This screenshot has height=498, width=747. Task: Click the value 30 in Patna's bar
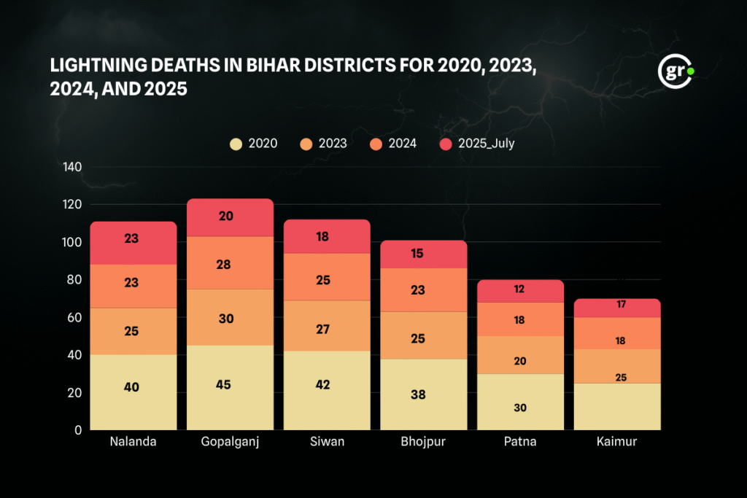pos(519,408)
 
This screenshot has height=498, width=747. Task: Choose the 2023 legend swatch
pos(306,144)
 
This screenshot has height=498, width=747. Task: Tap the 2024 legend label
pos(403,144)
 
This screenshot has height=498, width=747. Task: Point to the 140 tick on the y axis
pos(72,167)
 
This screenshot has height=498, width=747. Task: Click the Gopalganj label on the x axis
pos(230,442)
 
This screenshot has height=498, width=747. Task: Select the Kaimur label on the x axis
pos(616,442)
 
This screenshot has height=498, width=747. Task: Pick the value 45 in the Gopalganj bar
pos(223,384)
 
